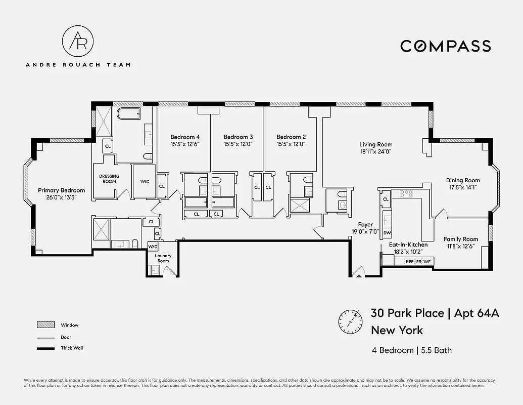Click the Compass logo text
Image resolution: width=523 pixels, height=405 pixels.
tap(445, 46)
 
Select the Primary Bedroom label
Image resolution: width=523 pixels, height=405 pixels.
tap(62, 190)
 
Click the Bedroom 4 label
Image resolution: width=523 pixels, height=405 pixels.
tap(185, 137)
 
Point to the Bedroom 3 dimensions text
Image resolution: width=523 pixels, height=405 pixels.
tap(238, 144)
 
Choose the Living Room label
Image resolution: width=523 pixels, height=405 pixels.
tap(375, 144)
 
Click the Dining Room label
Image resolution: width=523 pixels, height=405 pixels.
tap(462, 180)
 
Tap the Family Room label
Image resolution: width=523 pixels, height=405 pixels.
tap(461, 239)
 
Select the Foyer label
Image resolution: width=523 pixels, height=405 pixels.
tap(365, 225)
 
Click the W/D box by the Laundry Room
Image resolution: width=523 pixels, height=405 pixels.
tap(153, 247)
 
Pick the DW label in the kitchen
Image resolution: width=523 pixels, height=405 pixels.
tap(387, 233)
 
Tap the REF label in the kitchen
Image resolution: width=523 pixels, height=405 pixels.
tap(409, 262)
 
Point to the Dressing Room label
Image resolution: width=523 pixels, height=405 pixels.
tap(109, 179)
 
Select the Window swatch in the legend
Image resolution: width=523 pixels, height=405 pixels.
tap(45, 325)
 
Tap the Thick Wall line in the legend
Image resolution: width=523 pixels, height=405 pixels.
tap(45, 348)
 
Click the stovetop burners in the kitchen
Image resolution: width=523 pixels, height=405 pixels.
tap(407, 193)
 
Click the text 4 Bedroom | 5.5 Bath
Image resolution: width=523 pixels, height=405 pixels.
tap(411, 350)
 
